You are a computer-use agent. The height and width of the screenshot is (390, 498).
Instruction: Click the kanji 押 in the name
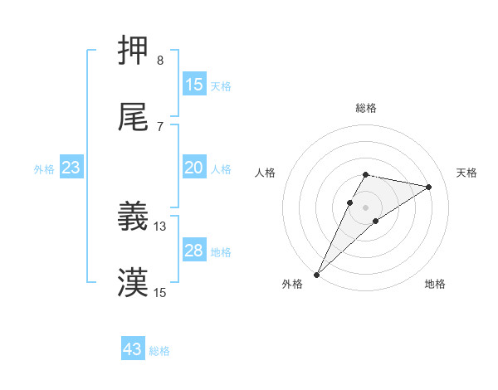133,52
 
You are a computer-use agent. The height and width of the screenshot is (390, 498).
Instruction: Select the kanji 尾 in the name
133,119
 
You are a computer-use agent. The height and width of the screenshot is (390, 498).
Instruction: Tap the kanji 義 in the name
133,217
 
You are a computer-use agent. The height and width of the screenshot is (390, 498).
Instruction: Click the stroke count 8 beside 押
159,61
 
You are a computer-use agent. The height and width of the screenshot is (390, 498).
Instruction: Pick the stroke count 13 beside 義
160,226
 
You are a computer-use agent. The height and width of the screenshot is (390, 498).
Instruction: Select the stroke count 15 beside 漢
160,292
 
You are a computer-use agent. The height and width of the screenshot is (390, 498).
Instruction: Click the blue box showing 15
194,85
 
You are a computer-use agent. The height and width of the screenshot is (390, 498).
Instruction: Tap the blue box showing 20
194,168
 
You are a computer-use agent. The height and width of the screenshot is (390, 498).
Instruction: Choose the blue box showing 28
194,251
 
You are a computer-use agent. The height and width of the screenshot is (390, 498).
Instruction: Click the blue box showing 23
71,168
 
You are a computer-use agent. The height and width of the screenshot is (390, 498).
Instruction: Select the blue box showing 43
133,349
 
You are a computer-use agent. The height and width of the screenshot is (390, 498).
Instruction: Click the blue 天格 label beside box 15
221,85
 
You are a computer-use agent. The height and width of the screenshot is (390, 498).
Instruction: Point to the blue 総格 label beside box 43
159,350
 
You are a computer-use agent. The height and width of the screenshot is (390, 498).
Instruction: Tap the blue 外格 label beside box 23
44,168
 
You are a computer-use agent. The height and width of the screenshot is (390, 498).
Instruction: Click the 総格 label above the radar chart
366,108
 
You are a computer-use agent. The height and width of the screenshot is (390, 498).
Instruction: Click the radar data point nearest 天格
429,187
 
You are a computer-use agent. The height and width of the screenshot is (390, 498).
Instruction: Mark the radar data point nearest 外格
316,274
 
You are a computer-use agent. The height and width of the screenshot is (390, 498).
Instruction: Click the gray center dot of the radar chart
366,207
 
